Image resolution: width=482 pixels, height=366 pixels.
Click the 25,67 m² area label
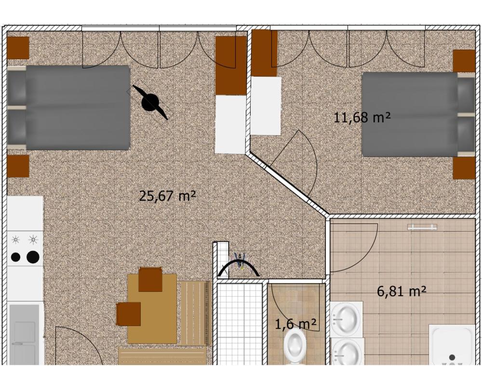click(167, 196)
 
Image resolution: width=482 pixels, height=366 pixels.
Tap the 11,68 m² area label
click(362, 118)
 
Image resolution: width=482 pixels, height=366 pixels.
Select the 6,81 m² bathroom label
click(402, 291)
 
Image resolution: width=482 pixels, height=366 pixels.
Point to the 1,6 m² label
click(295, 324)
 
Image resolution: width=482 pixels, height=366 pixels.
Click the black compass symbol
click(150, 102)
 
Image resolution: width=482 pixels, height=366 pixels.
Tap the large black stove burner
click(33, 257)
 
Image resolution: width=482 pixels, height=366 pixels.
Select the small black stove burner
click(16, 257)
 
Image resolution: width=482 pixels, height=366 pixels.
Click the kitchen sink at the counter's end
click(24, 335)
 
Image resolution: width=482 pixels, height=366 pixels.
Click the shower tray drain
click(452, 357)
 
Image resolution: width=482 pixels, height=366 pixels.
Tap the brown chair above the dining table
click(150, 279)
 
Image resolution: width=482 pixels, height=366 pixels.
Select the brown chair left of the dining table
click(129, 314)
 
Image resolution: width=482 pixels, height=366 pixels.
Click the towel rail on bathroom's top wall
click(422, 227)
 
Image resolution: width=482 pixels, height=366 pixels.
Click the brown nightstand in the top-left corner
click(18, 48)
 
